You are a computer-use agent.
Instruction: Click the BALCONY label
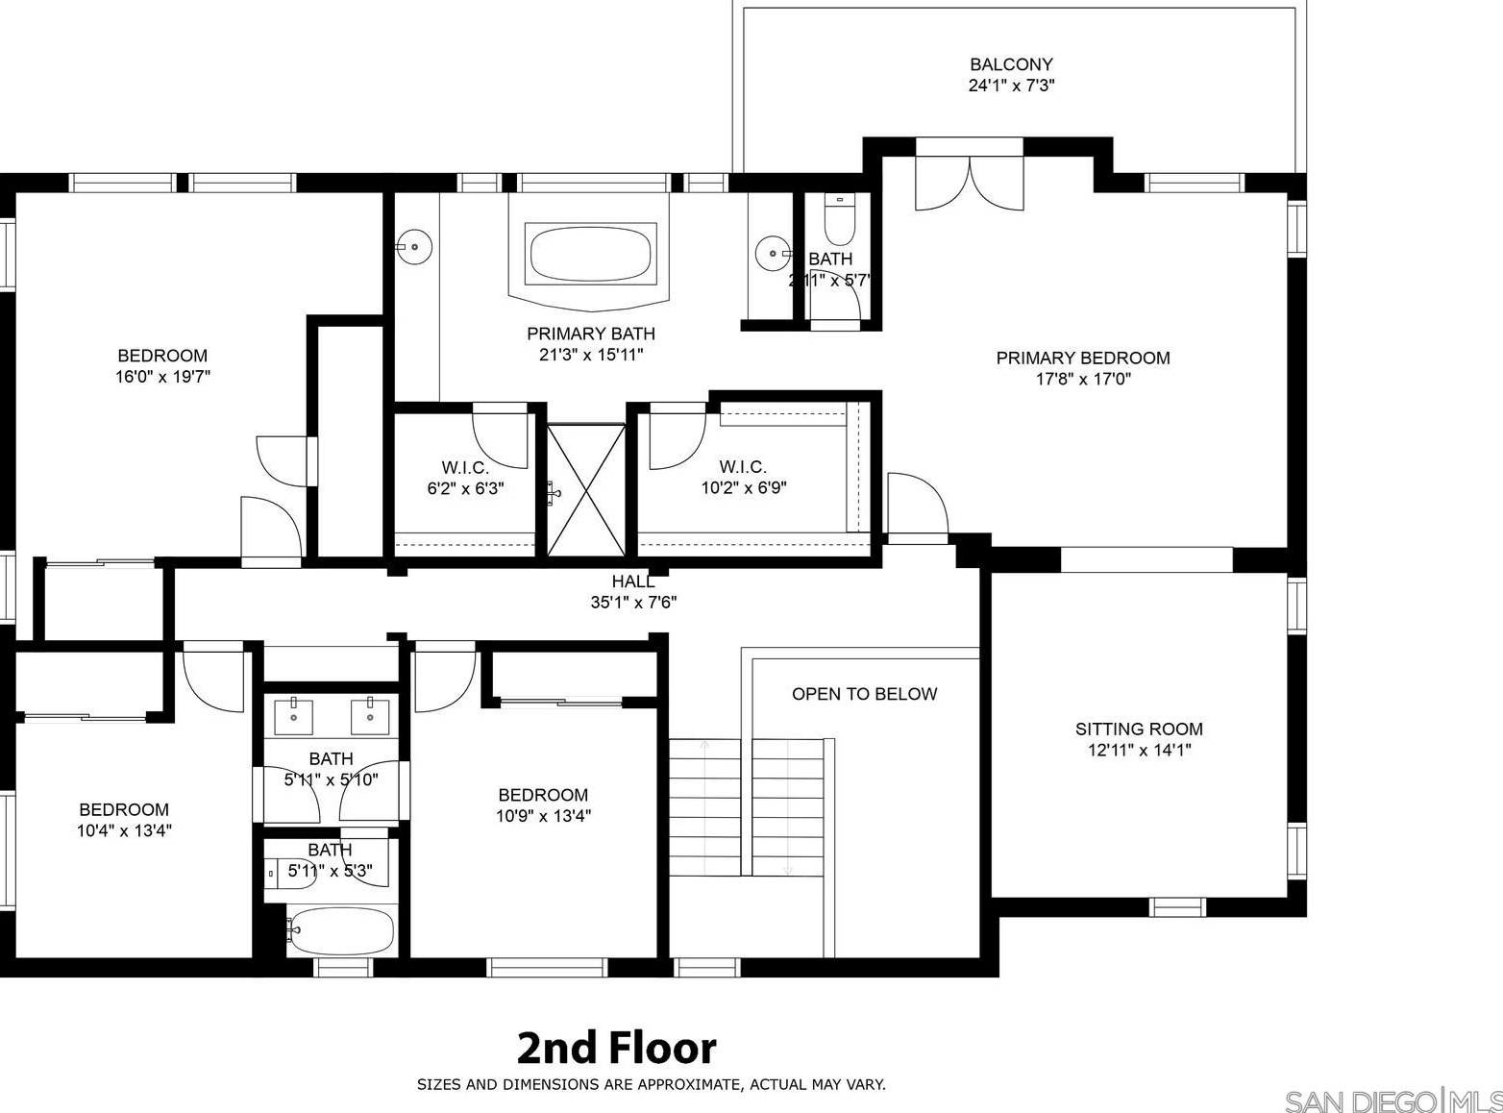coord(1011,64)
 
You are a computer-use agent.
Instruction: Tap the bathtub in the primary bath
coord(590,254)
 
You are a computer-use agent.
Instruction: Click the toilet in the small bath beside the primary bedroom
coord(840,219)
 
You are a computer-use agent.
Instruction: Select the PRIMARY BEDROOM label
coord(1083,358)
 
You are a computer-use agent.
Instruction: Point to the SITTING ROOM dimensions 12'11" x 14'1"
coord(1139,751)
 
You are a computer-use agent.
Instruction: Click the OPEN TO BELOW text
coord(864,694)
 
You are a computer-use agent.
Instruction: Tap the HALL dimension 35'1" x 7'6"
coord(633,602)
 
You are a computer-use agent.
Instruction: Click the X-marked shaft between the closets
coord(586,489)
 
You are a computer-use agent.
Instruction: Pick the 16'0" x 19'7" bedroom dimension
coord(162,377)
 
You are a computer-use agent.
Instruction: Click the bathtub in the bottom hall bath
coord(340,930)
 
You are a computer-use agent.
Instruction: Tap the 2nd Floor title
coord(616,1048)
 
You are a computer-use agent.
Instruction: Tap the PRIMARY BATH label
coord(591,334)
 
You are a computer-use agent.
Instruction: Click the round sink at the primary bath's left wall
coord(414,247)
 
